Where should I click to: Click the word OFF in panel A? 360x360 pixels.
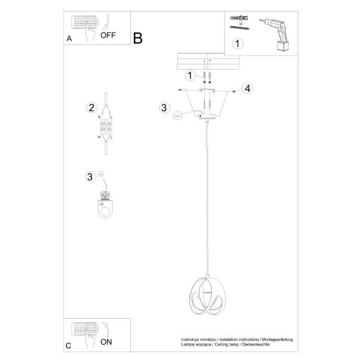point(108,36)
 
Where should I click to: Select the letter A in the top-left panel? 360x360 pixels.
point(69,39)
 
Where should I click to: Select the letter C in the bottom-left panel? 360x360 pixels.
point(69,346)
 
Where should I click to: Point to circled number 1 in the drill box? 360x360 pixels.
point(238,43)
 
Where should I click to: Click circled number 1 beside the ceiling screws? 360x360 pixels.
point(189,75)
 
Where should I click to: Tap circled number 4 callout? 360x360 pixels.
point(248,88)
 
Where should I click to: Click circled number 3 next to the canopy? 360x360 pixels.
point(164,108)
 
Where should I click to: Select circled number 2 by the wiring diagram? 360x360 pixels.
point(92,108)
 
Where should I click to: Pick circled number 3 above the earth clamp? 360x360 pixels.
point(90,176)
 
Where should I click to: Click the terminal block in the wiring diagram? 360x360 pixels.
point(106,127)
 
